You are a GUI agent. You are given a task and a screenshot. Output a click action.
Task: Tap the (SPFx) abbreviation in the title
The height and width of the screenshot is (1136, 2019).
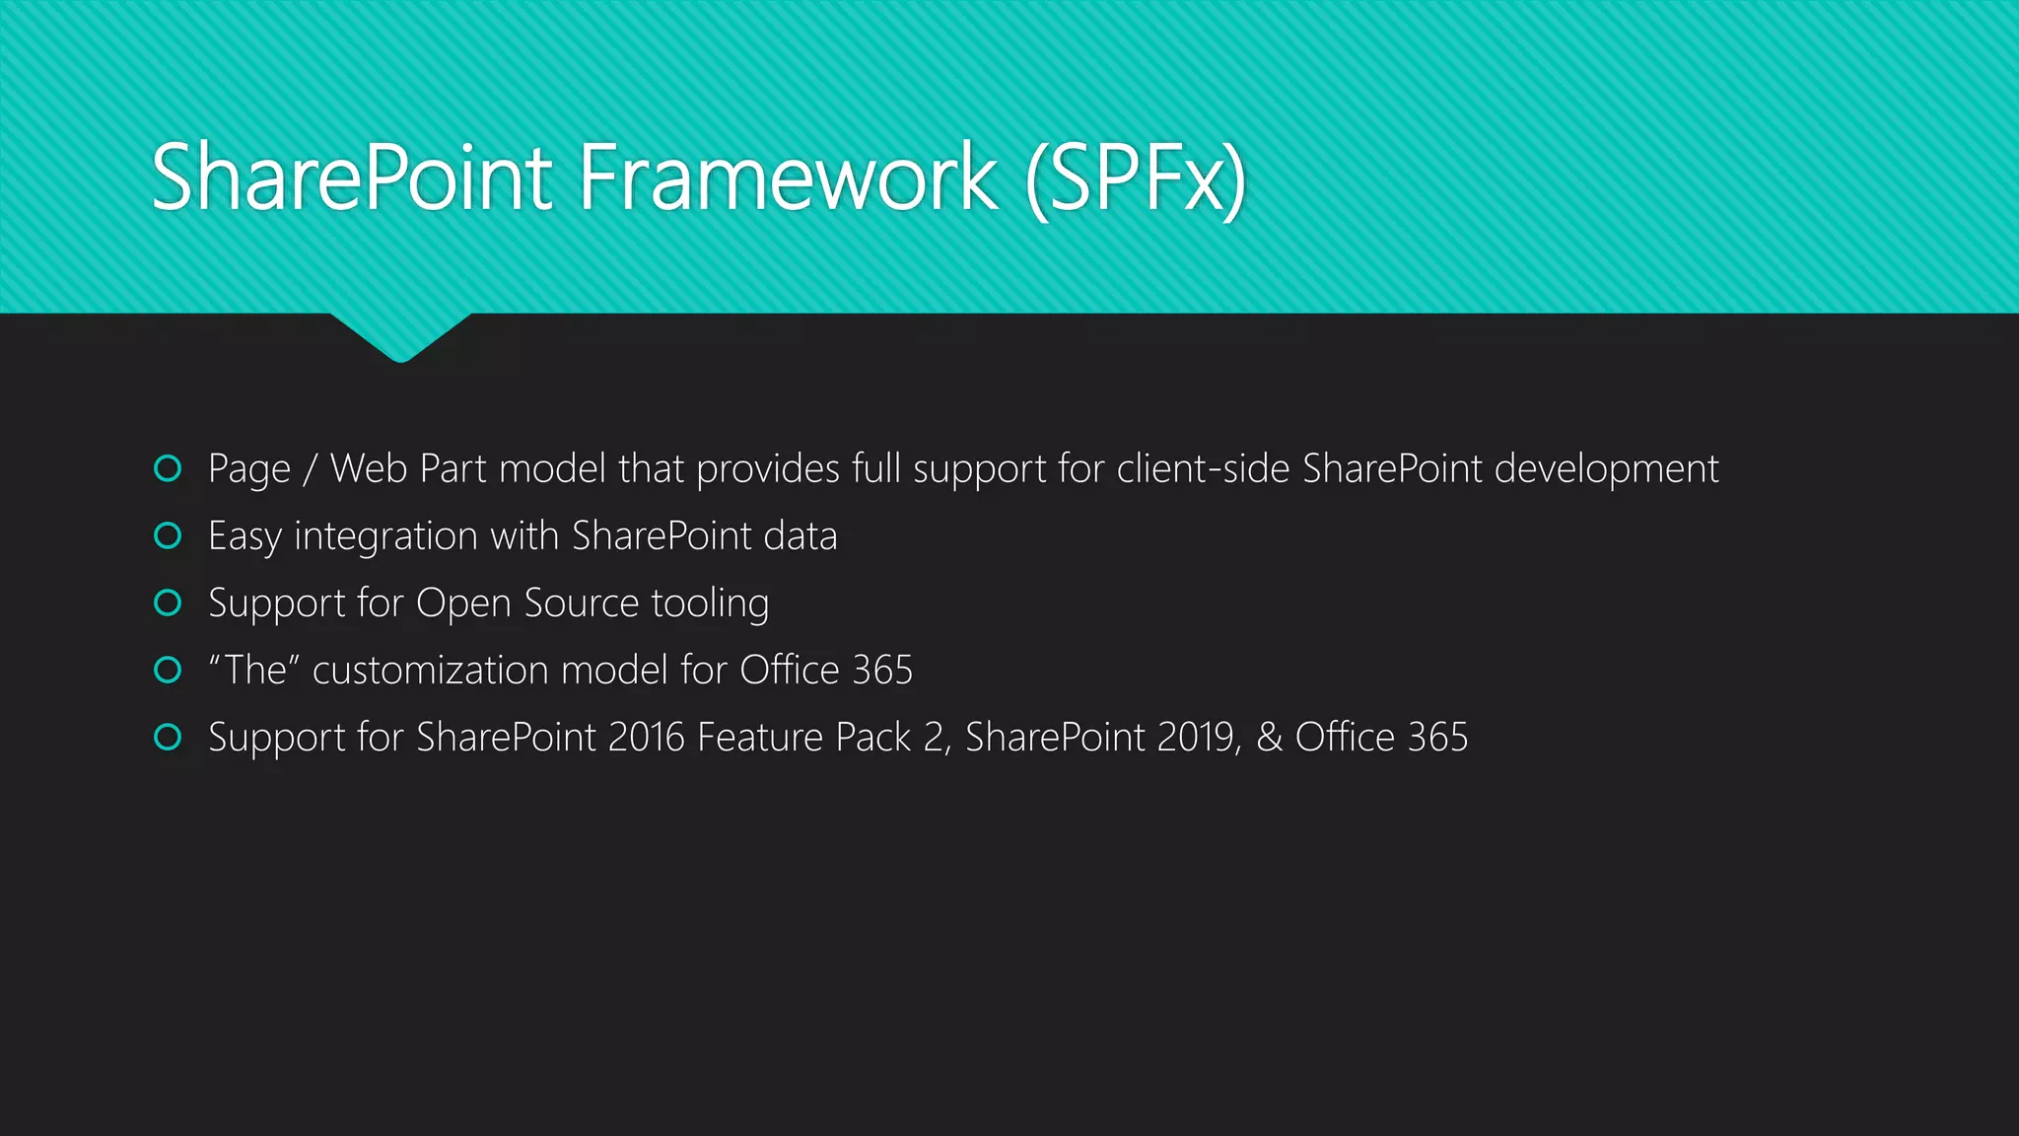click(x=1136, y=179)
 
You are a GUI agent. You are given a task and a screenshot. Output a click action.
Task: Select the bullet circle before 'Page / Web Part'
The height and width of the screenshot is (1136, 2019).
click(x=169, y=468)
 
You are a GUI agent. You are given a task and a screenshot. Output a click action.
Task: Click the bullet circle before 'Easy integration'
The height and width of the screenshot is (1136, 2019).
click(x=169, y=535)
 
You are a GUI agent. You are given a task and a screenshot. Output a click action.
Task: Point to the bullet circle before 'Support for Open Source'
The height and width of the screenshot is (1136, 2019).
click(x=169, y=603)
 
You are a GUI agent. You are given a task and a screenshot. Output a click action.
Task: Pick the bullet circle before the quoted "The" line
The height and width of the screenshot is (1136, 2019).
click(x=169, y=671)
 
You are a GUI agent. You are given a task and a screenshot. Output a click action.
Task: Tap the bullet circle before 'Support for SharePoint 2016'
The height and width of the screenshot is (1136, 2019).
click(x=169, y=737)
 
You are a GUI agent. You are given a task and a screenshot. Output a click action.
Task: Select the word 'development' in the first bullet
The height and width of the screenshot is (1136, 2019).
click(x=1607, y=470)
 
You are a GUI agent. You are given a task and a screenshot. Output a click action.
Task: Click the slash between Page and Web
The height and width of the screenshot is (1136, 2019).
click(x=310, y=470)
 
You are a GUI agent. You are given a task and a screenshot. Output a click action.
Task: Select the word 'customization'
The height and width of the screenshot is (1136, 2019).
click(x=430, y=671)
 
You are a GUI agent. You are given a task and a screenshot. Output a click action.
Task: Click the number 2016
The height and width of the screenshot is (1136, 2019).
click(x=646, y=738)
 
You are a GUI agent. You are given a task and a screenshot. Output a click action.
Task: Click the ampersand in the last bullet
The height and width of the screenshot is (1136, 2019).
click(x=1269, y=738)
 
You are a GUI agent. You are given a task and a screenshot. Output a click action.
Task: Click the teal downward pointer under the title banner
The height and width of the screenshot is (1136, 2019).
click(x=400, y=337)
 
